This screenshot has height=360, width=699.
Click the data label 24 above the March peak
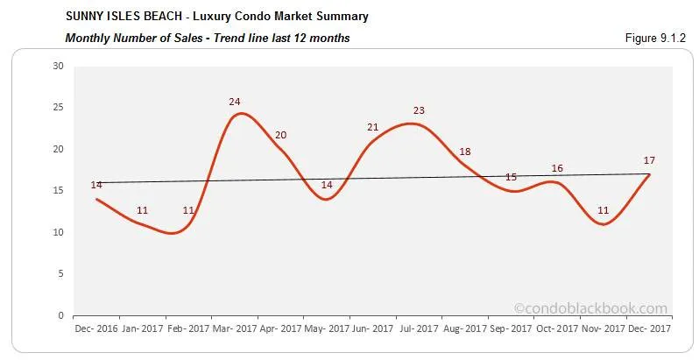[x=235, y=102]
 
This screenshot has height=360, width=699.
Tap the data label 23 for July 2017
[x=419, y=110]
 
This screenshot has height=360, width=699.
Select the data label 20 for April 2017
[x=280, y=135]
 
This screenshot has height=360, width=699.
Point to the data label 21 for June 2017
[x=373, y=127]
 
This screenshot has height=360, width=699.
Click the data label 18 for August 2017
[x=465, y=152]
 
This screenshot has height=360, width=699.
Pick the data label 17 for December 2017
[x=649, y=160]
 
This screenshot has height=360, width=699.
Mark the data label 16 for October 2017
[x=557, y=168]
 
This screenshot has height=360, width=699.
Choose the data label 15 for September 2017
[x=511, y=177]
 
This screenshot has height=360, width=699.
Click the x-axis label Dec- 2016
[x=96, y=329]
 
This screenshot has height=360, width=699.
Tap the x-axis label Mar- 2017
[x=235, y=329]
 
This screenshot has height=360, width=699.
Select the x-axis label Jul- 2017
[x=419, y=329]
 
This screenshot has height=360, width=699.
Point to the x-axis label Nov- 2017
[x=603, y=329]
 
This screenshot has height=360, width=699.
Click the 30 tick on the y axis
[x=58, y=66]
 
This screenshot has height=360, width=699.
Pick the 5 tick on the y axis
[x=60, y=274]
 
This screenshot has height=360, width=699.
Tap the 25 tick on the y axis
[x=58, y=108]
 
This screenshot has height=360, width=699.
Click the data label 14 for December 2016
[x=96, y=185]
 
